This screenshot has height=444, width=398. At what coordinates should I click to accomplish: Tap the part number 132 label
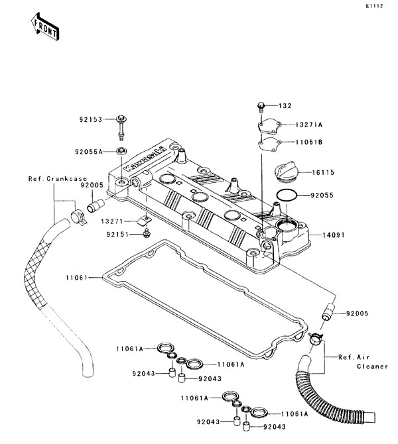click(285, 106)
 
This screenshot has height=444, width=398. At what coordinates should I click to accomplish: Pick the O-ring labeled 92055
click(286, 196)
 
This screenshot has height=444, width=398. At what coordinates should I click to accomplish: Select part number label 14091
click(333, 234)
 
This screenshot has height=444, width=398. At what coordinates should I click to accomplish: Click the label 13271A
click(309, 125)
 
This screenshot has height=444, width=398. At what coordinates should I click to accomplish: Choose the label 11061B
click(309, 141)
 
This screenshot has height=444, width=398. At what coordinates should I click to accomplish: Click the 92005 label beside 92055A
click(91, 186)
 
